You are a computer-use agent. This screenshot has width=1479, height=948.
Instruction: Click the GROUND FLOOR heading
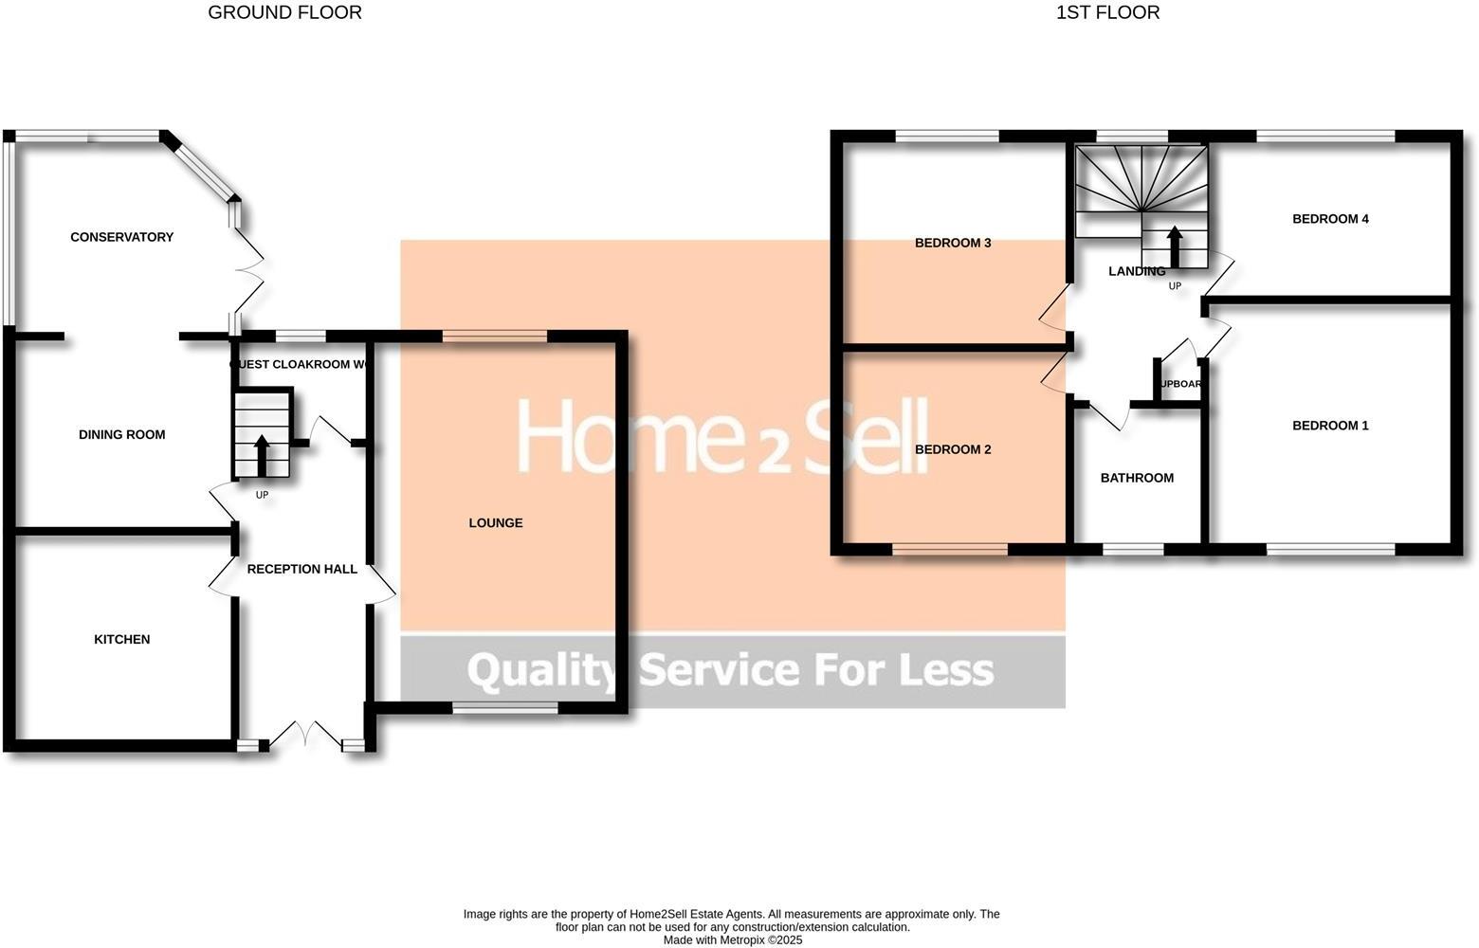coord(284,12)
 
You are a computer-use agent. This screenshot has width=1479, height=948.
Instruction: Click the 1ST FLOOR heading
coord(1107,12)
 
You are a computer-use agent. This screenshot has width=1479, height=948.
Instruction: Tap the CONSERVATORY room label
coord(121,237)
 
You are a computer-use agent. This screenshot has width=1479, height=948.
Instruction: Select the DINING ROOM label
coord(121,435)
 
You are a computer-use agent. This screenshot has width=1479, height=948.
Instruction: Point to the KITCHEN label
coord(121,640)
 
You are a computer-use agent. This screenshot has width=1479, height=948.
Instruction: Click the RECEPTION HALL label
coord(301,569)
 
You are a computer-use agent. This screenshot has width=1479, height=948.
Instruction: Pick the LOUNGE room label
coord(495,523)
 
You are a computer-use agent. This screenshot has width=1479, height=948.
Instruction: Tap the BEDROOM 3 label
coord(952,243)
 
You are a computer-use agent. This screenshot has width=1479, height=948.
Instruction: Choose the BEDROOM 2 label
coord(952,449)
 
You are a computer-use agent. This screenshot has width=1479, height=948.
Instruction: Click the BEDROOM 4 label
coord(1330,219)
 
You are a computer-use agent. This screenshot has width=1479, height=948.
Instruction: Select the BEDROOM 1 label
coord(1330,426)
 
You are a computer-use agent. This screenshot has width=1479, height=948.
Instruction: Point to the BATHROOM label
coord(1137,478)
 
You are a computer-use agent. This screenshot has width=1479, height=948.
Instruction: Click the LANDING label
coord(1136,271)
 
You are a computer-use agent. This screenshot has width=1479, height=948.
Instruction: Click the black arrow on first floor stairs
coord(1174,246)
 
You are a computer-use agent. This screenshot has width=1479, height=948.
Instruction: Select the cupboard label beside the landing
coord(1181,384)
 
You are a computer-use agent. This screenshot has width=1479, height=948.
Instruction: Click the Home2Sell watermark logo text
coord(721,436)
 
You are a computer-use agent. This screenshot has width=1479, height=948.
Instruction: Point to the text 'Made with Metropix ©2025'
coord(732,940)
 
